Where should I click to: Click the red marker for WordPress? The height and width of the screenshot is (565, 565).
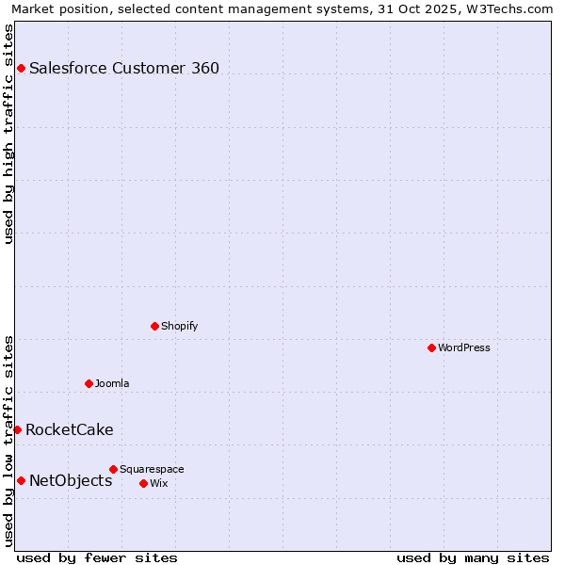[x=431, y=347]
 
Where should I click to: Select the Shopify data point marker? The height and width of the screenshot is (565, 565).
[x=154, y=326]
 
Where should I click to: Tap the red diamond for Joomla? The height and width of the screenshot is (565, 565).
[x=89, y=383]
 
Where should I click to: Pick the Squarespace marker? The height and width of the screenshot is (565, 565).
[x=113, y=469]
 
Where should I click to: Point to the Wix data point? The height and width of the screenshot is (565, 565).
[x=143, y=483]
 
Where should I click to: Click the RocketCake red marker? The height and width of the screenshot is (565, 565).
[x=17, y=429]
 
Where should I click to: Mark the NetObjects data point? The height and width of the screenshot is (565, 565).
[x=21, y=480]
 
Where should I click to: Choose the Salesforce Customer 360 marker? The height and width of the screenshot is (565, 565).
[x=21, y=68]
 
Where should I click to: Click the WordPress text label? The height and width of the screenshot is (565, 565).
[x=464, y=347]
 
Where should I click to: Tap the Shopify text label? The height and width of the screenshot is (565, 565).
[x=179, y=326]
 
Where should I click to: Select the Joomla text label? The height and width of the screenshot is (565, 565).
[x=112, y=383]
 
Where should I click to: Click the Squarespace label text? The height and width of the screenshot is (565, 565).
[x=152, y=469]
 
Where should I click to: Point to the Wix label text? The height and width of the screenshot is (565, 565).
[x=158, y=483]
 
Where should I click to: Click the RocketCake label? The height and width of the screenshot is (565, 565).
[x=69, y=429]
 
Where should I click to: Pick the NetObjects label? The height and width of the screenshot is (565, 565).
[x=71, y=480]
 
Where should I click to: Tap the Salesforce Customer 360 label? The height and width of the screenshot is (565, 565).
[x=124, y=68]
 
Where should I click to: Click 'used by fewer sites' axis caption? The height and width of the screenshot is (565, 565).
[x=97, y=557]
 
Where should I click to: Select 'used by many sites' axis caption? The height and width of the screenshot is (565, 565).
[x=473, y=557]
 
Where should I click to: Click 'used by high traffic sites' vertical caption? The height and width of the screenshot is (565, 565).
[x=9, y=134]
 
